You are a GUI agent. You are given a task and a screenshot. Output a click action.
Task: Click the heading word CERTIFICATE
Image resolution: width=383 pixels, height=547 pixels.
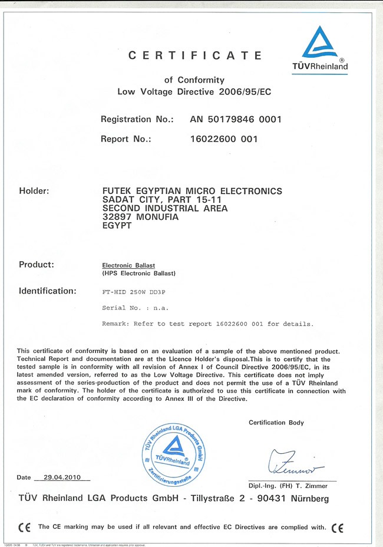click(x=195, y=56)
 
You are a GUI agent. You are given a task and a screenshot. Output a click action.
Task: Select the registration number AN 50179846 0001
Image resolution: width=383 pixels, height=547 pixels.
click(x=236, y=119)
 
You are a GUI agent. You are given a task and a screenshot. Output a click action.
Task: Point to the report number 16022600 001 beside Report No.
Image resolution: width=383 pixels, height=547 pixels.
click(x=224, y=139)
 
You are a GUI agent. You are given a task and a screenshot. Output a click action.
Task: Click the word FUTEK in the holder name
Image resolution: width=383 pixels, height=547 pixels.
click(x=117, y=191)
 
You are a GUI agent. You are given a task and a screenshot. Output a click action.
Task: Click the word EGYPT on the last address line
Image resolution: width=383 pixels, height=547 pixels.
click(x=117, y=225)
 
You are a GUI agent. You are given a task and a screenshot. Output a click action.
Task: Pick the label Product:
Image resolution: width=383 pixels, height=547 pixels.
click(x=37, y=264)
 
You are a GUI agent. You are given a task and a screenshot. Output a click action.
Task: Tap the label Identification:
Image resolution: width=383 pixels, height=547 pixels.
click(x=48, y=291)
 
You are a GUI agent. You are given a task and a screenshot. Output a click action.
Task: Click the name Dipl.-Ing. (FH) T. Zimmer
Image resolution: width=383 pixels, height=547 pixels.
click(x=288, y=486)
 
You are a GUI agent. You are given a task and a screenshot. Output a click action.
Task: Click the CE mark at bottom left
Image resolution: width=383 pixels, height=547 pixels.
click(x=24, y=526)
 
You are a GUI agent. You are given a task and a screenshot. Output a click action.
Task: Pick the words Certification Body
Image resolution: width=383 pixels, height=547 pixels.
click(x=276, y=423)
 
